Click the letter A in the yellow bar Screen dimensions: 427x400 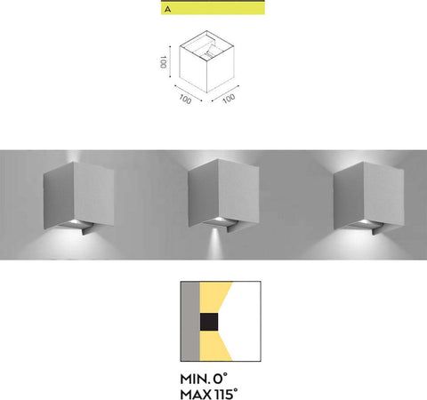click(168, 10)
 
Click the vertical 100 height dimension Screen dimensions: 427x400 click(163, 62)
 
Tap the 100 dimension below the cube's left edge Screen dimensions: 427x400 click(185, 99)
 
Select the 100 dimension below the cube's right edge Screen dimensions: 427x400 click(229, 99)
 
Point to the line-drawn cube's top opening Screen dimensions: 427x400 click(206, 44)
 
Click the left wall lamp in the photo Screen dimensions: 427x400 click(79, 198)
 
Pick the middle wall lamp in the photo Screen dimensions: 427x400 click(223, 196)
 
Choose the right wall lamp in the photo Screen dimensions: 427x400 click(368, 198)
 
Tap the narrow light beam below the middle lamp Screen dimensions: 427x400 click(215, 242)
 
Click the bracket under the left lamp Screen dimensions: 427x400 click(87, 229)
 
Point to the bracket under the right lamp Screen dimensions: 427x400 click(377, 229)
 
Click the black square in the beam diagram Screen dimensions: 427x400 click(209, 322)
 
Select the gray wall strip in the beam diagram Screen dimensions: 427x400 click(190, 321)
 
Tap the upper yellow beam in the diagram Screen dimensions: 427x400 click(213, 297)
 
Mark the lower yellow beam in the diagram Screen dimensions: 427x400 click(213, 346)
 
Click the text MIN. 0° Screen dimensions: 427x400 click(204, 379)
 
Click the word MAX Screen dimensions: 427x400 click(196, 395)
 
